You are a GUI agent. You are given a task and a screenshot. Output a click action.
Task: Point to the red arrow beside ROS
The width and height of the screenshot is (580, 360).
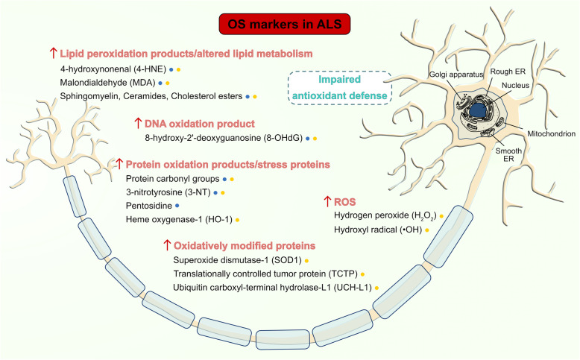click(x=326, y=200)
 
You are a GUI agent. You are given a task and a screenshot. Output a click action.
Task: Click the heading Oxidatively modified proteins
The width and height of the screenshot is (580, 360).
click(x=247, y=244)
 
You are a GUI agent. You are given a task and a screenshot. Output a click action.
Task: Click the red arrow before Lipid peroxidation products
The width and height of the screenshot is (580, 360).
click(x=52, y=53)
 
